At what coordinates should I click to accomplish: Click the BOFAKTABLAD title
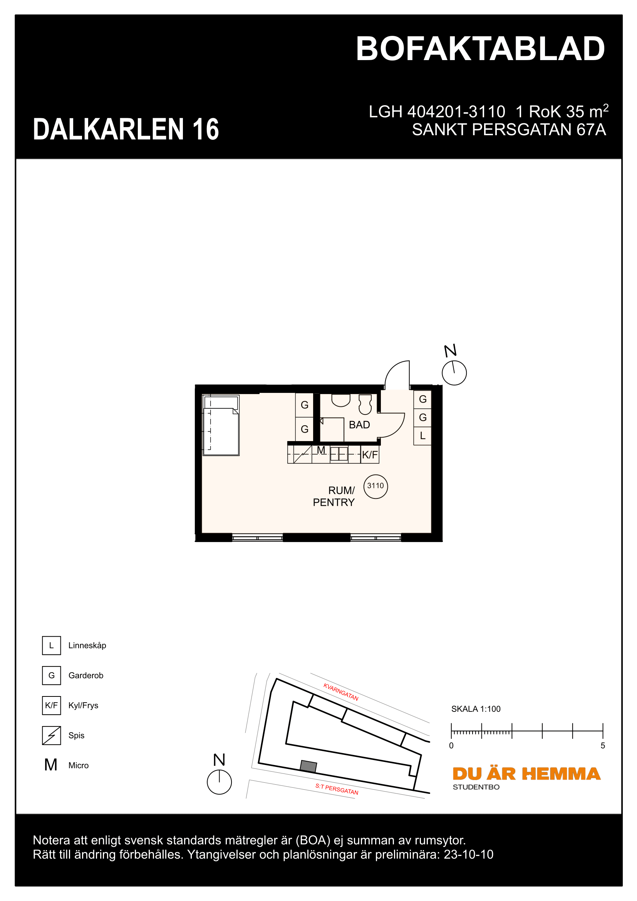pos(480,49)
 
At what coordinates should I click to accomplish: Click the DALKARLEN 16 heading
pos(126,129)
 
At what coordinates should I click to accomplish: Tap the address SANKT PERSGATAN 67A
pos(509,130)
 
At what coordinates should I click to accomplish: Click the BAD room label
pos(359,425)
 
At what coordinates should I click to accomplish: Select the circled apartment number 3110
pos(375,486)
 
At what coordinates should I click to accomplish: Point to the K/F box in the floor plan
pos(369,455)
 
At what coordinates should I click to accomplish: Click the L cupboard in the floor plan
pos(422,436)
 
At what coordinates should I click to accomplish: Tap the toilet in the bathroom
pos(365,404)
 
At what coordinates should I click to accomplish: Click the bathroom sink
pos(340,400)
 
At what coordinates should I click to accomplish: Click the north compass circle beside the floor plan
pos(454,373)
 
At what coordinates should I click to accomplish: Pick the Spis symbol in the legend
pos(51,735)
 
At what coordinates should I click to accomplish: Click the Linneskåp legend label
pos(87,646)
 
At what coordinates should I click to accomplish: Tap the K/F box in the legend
pos(51,705)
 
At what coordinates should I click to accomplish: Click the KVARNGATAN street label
pos(340,692)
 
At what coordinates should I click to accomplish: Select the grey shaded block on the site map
pos(308,766)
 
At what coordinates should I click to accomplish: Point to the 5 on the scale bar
pos(602,746)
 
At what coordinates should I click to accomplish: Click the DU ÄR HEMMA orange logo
pos(526,774)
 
